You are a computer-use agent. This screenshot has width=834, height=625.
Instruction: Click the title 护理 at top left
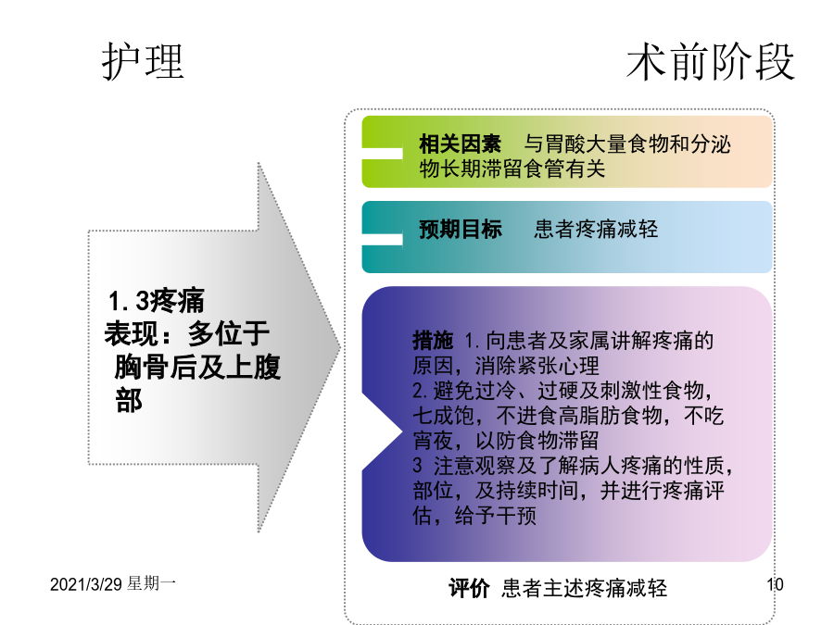tap(143, 61)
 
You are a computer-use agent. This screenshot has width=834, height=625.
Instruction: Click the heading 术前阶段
tap(711, 62)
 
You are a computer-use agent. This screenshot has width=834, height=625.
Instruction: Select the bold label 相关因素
tap(460, 144)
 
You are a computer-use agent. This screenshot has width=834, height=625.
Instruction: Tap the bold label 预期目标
tap(460, 229)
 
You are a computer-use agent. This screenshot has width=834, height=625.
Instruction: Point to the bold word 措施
tap(433, 340)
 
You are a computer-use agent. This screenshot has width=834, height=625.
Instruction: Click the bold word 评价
tap(469, 588)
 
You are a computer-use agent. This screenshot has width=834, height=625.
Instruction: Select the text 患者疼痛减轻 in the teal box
tap(596, 229)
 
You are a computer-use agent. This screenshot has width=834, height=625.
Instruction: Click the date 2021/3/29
tap(86, 584)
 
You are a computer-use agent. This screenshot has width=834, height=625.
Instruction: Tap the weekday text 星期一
tap(151, 583)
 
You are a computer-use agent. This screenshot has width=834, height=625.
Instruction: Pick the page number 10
tap(775, 584)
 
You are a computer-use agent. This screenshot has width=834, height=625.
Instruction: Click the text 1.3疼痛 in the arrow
tap(156, 301)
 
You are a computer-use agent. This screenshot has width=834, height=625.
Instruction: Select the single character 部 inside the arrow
tap(128, 400)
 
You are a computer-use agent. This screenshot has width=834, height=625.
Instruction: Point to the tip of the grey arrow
tap(340, 348)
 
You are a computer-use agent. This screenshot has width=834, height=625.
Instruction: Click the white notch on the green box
tap(382, 154)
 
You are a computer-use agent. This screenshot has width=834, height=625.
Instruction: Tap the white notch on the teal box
tap(382, 240)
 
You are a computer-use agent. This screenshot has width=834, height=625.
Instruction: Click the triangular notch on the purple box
tap(380, 432)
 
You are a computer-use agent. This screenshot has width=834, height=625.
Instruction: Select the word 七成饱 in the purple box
tap(443, 416)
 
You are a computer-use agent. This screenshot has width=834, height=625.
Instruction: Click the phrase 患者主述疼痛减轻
tap(584, 588)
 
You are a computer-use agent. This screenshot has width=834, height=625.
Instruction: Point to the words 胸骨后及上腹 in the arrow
tap(197, 368)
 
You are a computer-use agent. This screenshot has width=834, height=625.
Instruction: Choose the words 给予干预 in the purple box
tap(495, 516)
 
